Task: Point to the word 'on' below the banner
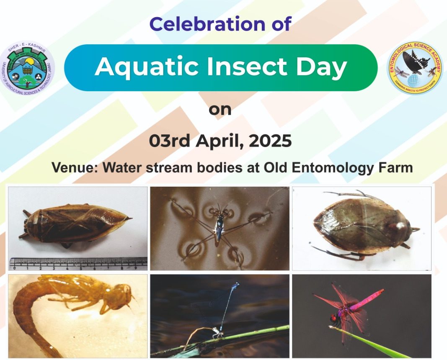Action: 220,110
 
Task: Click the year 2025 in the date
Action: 270,141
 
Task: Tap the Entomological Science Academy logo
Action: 414,68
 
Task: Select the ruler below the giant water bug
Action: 78,263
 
